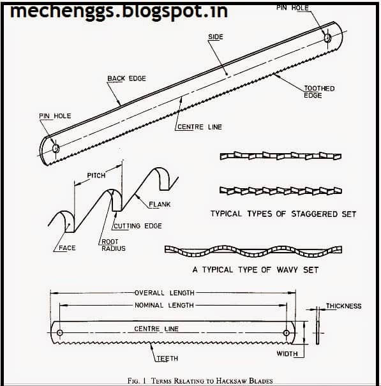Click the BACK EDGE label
126,78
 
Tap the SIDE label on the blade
216,36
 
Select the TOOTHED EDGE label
319,92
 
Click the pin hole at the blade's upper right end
327,38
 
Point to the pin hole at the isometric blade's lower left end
56,148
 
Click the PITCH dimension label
96,175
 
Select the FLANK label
160,204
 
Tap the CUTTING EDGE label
138,226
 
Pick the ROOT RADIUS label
114,245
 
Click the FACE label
67,248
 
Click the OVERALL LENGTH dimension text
165,293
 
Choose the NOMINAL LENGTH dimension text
164,305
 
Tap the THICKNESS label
344,306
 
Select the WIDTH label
287,353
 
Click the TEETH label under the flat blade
167,359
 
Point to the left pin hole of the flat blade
59,333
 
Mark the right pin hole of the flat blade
286,333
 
